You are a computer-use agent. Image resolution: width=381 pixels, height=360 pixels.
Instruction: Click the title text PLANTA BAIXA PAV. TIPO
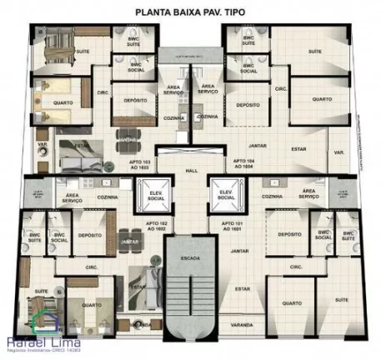190,12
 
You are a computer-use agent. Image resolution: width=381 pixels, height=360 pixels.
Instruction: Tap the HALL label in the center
190,170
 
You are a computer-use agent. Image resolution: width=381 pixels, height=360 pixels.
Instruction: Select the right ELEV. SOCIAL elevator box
224,193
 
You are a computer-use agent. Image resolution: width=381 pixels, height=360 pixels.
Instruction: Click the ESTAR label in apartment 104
298,151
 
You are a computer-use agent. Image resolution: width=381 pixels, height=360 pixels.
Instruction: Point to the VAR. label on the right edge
338,152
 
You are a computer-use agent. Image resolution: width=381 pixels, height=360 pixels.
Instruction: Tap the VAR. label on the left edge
42,152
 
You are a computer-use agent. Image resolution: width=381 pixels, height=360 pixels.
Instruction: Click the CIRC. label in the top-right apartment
281,87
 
